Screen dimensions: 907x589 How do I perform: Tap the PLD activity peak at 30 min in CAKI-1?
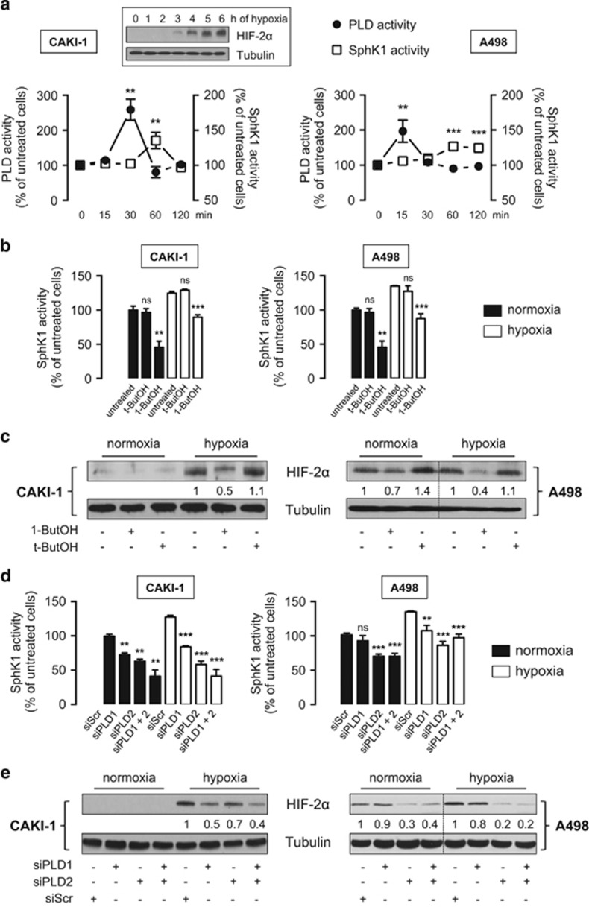pyautogui.click(x=131, y=110)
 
